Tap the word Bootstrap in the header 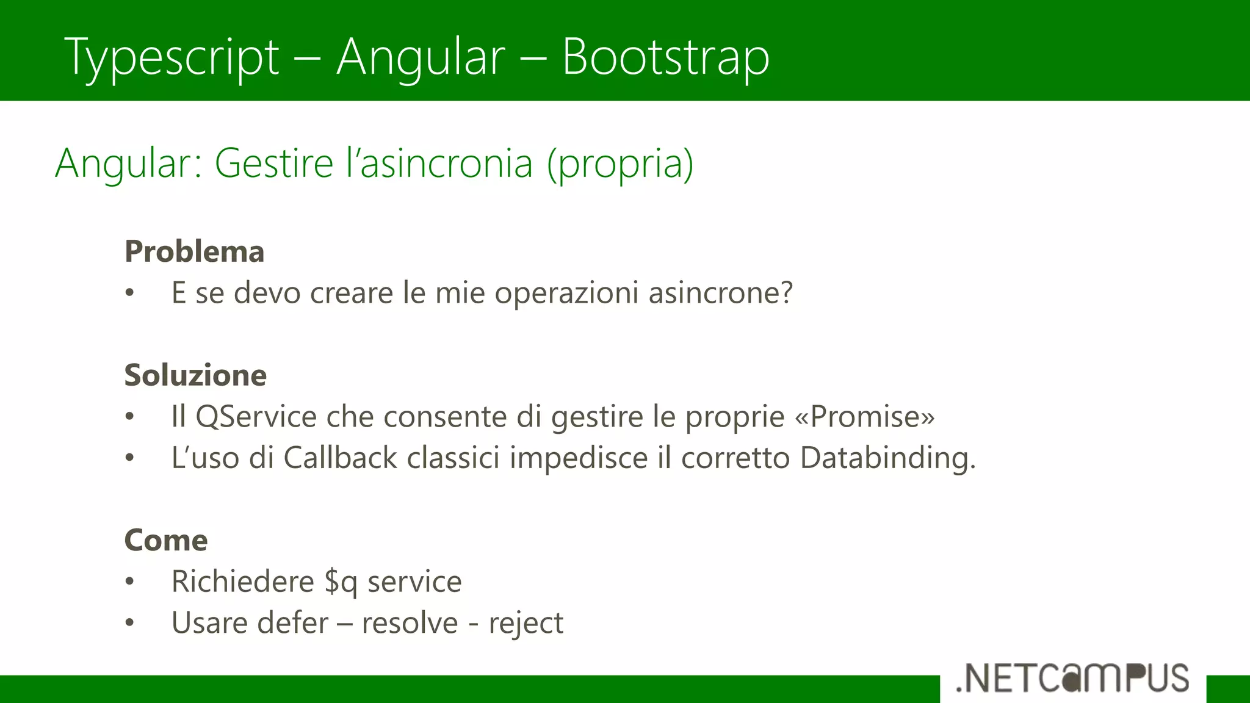(x=665, y=57)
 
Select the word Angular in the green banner (x=421, y=57)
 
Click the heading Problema (x=194, y=251)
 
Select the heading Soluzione (x=195, y=375)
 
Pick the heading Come (x=166, y=540)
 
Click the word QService (x=256, y=417)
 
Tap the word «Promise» (x=865, y=417)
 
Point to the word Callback (x=340, y=458)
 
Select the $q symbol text (x=341, y=582)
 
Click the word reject (x=526, y=623)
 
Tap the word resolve (x=410, y=623)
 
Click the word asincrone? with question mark (x=720, y=293)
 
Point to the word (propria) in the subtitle (x=620, y=164)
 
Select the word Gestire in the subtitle (x=273, y=164)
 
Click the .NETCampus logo (x=1072, y=678)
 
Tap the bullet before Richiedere (x=129, y=582)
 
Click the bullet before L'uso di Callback (x=129, y=458)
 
